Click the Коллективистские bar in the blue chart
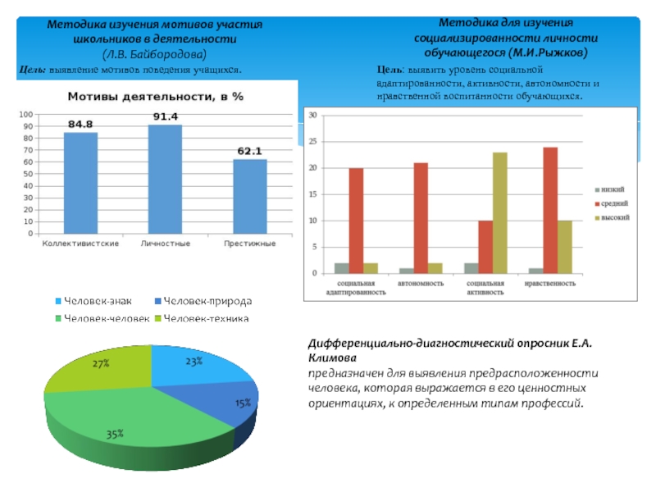tap(80, 184)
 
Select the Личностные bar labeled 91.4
tap(165, 180)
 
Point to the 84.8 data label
tap(80, 125)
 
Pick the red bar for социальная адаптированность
tap(356, 220)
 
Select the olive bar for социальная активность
tap(500, 212)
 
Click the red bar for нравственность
tap(550, 210)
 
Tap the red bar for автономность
tap(421, 217)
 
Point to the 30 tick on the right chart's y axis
tap(312, 116)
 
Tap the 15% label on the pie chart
tap(243, 403)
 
